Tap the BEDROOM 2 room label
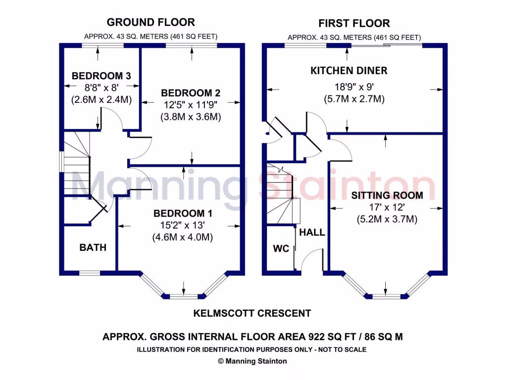pyautogui.click(x=191, y=93)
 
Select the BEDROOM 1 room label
pyautogui.click(x=183, y=213)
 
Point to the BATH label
pyautogui.click(x=93, y=247)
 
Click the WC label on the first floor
pyautogui.click(x=281, y=248)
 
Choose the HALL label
pyautogui.click(x=312, y=232)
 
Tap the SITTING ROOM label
pyautogui.click(x=387, y=195)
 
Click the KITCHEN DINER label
pyautogui.click(x=349, y=70)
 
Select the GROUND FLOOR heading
pyautogui.click(x=151, y=22)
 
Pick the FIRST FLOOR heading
pyautogui.click(x=354, y=23)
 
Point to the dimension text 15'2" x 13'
pyautogui.click(x=183, y=225)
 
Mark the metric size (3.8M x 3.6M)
pyautogui.click(x=191, y=117)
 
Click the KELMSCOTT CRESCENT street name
pyautogui.click(x=252, y=313)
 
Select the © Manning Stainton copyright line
pyautogui.click(x=252, y=361)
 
